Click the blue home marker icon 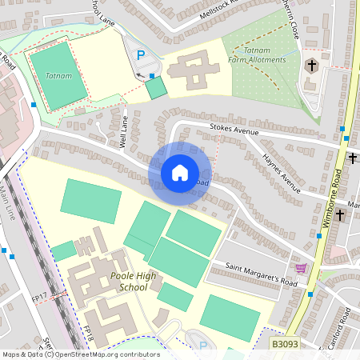click(180, 173)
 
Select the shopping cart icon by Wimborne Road click(301, 268)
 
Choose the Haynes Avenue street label click(281, 174)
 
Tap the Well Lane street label click(123, 133)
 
